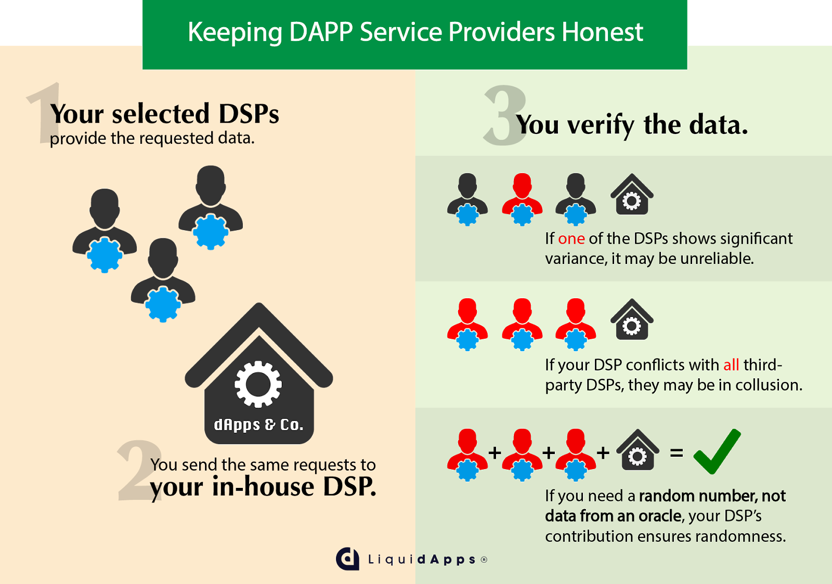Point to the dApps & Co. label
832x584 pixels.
pos(258,425)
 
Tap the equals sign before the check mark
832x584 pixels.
pos(676,453)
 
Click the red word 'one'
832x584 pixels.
pos(571,238)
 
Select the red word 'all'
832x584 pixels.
pos(731,365)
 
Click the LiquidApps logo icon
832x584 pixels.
pos(347,559)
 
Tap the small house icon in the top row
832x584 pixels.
pos(632,195)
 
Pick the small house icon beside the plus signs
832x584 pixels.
pos(638,450)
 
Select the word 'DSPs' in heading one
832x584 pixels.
pos(249,114)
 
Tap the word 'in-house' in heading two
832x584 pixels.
pos(263,487)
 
